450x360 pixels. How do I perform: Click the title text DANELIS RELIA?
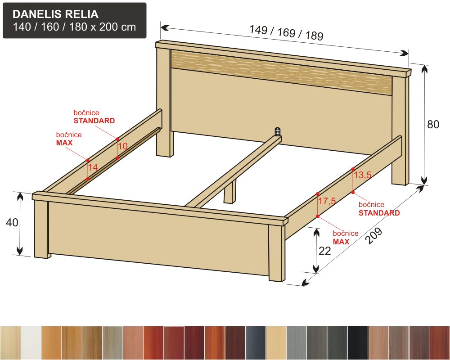point(55,14)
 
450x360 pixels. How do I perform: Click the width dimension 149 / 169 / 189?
point(286,32)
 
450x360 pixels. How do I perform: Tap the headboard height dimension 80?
point(433,124)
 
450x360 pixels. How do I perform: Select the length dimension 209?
point(374,235)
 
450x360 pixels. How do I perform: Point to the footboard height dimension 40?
point(12,222)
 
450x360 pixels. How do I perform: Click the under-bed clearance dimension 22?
point(325,251)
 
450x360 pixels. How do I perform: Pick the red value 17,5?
point(327,201)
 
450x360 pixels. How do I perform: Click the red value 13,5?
point(362,175)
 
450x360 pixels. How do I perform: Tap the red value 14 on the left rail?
point(93,167)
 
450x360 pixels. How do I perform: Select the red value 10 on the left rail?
point(123,146)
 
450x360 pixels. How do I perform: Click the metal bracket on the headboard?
point(277,131)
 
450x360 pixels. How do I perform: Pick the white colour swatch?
point(31,343)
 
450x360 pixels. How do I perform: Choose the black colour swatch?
point(358,343)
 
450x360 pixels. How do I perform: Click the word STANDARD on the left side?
point(94,121)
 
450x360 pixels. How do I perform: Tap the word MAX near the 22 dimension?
point(341,242)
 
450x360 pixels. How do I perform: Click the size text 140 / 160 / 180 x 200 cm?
point(74,27)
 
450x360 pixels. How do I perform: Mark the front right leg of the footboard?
point(277,252)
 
